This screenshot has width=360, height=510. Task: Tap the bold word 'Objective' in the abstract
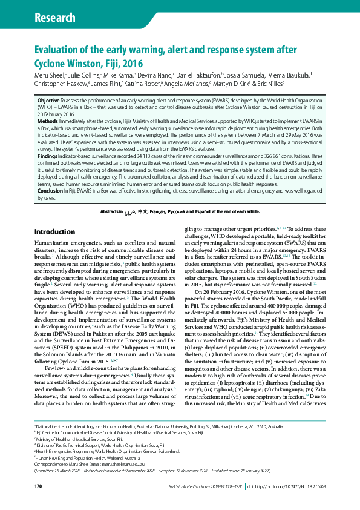(x=48, y=100)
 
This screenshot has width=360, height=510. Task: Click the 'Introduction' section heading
(x=55, y=232)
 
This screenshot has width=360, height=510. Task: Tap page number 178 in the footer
(x=38, y=487)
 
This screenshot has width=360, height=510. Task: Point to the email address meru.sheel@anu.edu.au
(x=121, y=469)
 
